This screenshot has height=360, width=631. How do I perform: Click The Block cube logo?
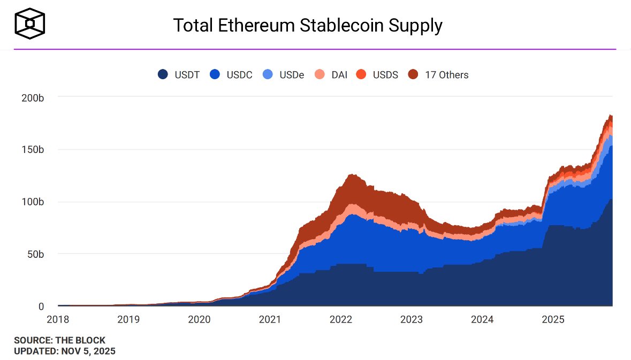click(x=29, y=24)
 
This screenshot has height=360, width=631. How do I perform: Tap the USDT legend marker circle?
click(x=163, y=75)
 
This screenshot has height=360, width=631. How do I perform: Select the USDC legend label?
click(x=239, y=75)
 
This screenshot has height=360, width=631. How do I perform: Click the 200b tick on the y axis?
click(x=33, y=97)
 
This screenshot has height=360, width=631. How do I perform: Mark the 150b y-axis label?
click(x=33, y=149)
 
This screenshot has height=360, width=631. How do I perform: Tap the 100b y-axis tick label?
click(x=33, y=202)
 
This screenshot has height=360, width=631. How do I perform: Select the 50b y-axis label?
click(x=35, y=254)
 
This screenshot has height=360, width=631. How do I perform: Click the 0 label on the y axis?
click(x=41, y=306)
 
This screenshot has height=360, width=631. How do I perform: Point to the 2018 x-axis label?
click(x=58, y=320)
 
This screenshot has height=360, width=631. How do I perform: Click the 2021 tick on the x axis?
click(x=270, y=320)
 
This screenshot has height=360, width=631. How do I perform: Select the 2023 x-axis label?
click(x=411, y=320)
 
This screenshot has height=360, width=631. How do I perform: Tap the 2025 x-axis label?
click(x=552, y=320)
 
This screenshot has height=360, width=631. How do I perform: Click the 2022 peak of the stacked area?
click(x=351, y=175)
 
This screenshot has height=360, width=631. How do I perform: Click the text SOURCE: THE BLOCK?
click(x=59, y=340)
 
